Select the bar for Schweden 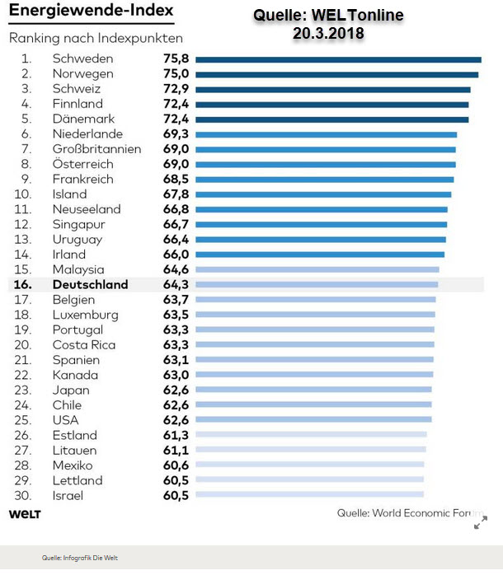(x=338, y=59)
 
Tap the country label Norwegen (x=82, y=74)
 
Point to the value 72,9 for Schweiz (x=176, y=89)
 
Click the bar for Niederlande (x=326, y=134)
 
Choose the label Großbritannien (x=96, y=149)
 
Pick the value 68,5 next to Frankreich (x=176, y=179)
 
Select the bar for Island (x=323, y=194)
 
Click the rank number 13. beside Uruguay (x=26, y=240)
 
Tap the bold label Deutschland (x=90, y=285)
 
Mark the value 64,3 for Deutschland (x=176, y=285)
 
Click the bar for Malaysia (x=317, y=269)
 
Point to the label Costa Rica (x=83, y=345)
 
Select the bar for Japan (x=314, y=390)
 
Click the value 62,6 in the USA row (x=176, y=420)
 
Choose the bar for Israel (x=309, y=495)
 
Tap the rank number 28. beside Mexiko (x=26, y=465)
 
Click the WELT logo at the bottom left (x=25, y=514)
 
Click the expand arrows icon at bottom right (x=480, y=522)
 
